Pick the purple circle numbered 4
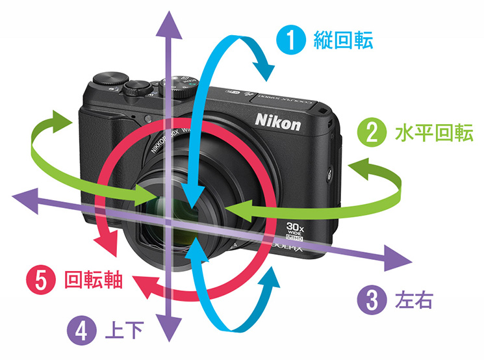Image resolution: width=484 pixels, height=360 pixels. pos(82,331)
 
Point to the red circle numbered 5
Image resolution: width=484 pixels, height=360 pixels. pos(39,281)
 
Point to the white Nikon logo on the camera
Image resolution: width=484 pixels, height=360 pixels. pos(277,122)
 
